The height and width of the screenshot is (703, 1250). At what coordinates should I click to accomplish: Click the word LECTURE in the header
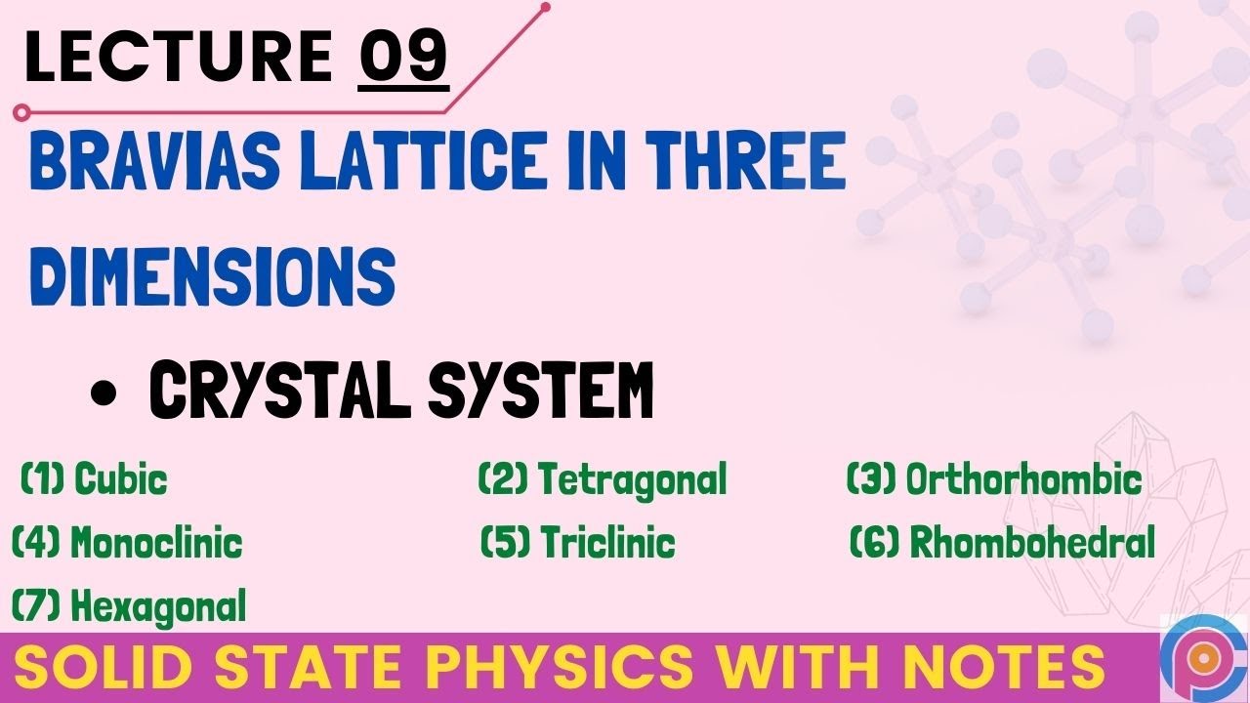[179, 57]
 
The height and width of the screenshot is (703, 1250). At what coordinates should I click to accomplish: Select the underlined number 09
[402, 57]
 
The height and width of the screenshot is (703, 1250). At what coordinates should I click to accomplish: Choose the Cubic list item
[95, 479]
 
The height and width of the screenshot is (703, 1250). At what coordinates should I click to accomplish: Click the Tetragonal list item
[603, 479]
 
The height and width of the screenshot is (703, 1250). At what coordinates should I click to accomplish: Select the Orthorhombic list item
[994, 479]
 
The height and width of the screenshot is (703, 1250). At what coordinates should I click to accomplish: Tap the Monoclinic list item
[127, 542]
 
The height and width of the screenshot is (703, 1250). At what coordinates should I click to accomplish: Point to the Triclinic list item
[578, 542]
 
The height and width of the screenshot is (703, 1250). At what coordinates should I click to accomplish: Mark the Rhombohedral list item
[1003, 542]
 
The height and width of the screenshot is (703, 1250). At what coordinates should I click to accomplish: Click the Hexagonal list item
[129, 606]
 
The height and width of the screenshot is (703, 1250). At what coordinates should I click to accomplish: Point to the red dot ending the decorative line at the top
[545, 8]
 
